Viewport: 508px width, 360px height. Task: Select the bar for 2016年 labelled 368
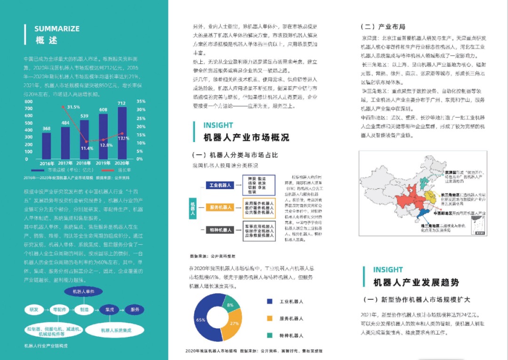47,146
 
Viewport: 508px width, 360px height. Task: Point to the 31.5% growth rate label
73,107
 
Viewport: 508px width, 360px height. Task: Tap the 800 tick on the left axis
28,101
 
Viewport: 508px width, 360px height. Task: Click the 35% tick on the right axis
141,101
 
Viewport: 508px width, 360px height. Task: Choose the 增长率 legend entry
124,170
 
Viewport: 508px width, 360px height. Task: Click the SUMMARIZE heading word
57,29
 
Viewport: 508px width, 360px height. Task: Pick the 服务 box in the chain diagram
135,310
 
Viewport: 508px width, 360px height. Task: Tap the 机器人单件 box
83,292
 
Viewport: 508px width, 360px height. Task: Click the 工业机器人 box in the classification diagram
220,185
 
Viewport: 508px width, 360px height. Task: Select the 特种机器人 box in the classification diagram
220,230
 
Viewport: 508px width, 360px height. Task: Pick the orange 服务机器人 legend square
269,319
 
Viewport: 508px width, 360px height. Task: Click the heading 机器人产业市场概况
246,138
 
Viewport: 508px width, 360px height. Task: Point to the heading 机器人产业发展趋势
416,283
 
